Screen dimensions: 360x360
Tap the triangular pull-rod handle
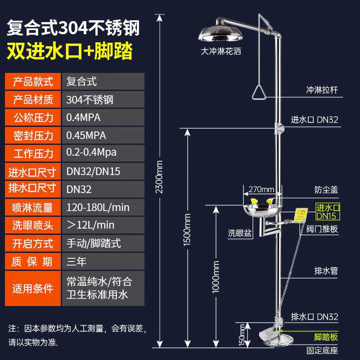(x=260, y=93)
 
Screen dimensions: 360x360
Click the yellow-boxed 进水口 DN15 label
(x=327, y=211)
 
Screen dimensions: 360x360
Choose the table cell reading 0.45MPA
(x=103, y=135)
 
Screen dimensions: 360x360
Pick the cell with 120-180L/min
(x=103, y=207)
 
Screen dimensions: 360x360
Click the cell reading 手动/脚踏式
(x=103, y=243)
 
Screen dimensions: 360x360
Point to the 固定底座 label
(x=322, y=350)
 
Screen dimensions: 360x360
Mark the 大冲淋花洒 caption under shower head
(x=221, y=51)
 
